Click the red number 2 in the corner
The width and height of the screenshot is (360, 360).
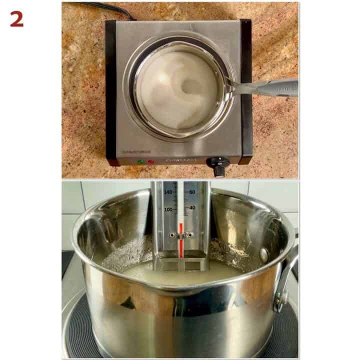pos(16,18)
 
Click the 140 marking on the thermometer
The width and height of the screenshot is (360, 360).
pos(168,192)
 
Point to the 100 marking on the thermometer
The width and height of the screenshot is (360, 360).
pos(168,209)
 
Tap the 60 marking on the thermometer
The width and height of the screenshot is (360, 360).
pos(192,191)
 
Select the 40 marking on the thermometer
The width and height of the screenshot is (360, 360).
pos(192,207)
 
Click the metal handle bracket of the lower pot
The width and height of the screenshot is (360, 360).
pos(286,280)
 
